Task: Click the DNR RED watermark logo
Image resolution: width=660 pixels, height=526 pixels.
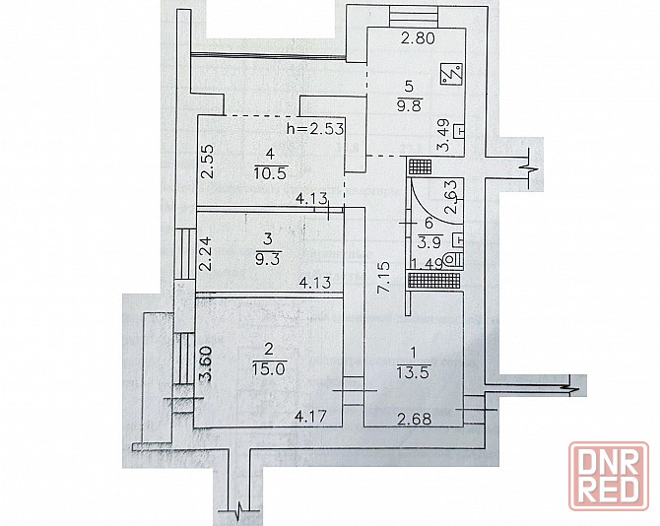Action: [x=609, y=476]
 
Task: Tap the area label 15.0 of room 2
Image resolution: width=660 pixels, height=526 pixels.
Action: [x=269, y=369]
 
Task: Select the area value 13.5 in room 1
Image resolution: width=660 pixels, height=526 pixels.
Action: [x=414, y=372]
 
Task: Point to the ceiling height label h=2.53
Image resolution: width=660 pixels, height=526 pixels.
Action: [x=315, y=128]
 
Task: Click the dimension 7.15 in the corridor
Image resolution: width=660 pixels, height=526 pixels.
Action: [x=384, y=278]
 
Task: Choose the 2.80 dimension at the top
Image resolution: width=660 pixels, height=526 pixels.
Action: [x=418, y=38]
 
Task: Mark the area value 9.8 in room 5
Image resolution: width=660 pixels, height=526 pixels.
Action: [x=409, y=105]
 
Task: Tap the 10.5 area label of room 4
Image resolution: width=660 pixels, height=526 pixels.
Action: [x=271, y=172]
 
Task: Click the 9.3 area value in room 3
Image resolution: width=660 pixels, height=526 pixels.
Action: [x=268, y=257]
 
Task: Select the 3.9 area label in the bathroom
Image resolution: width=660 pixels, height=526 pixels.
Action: [x=429, y=241]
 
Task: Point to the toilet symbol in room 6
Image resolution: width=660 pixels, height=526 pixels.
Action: [x=455, y=259]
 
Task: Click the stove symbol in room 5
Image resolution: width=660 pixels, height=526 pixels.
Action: [x=451, y=75]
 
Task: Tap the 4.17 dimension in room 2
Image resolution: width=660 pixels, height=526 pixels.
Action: [x=310, y=417]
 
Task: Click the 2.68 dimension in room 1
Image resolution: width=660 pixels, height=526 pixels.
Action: [x=415, y=419]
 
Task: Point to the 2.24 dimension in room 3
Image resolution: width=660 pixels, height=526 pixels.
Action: [x=205, y=254]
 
